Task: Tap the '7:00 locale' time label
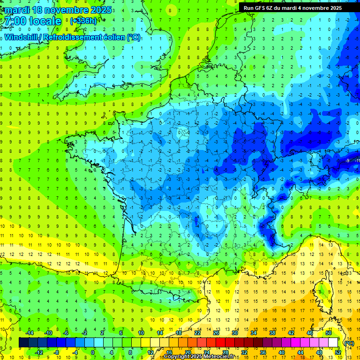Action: pos(32,22)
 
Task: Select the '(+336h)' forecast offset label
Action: pos(84,21)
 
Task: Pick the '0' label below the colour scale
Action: pos(93,352)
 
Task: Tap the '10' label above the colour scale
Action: pos(141,333)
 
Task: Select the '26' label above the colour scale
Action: pos(216,333)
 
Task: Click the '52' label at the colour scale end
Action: pos(338,352)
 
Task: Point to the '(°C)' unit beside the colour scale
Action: pos(349,343)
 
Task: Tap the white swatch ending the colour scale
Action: pos(333,343)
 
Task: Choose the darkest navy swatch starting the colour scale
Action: pos(23,343)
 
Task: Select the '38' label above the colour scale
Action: pos(272,333)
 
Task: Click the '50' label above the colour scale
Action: pos(329,333)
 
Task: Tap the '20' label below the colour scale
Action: pos(187,352)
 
